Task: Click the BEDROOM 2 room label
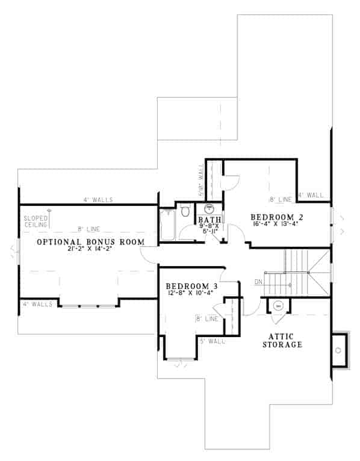pyautogui.click(x=272, y=217)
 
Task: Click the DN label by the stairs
pyautogui.click(x=258, y=281)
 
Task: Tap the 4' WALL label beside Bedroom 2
pyautogui.click(x=311, y=196)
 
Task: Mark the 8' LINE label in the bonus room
pyautogui.click(x=88, y=229)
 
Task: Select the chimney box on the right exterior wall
pyautogui.click(x=340, y=350)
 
